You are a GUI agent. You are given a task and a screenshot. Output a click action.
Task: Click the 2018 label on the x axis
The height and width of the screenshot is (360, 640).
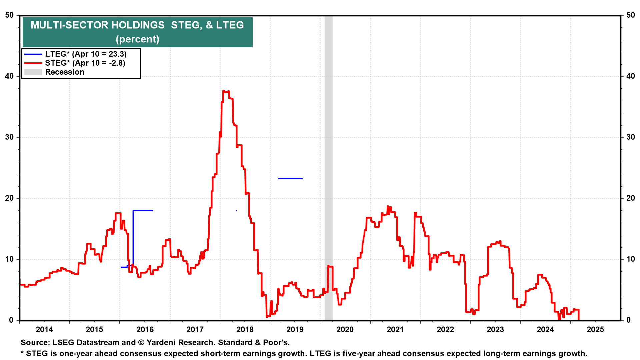tap(245, 330)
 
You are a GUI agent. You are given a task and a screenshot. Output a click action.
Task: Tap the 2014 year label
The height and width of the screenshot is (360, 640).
tap(44, 330)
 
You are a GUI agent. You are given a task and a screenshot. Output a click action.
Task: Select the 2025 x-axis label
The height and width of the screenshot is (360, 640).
tap(595, 330)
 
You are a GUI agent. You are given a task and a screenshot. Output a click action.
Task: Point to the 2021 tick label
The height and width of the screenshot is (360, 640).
tap(395, 330)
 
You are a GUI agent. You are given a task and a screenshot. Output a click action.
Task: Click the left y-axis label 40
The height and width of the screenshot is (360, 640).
tap(9, 76)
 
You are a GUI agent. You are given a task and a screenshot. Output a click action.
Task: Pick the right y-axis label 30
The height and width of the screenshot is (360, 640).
tap(631, 137)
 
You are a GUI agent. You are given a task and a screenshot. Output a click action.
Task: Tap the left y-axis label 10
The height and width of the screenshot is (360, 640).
tap(9, 259)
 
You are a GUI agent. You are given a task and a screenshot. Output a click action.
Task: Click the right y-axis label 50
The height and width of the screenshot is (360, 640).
tap(631, 15)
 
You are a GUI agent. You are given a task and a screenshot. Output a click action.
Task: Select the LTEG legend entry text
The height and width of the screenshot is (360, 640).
tap(86, 54)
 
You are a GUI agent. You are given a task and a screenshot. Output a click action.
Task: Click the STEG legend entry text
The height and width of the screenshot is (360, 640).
tap(85, 63)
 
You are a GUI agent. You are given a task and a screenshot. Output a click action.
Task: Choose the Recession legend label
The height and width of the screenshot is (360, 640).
tap(65, 72)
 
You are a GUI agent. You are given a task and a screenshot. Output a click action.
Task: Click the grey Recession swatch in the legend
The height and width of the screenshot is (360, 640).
tap(33, 72)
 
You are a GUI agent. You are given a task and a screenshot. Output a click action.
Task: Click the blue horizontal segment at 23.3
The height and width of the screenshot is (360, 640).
tap(290, 179)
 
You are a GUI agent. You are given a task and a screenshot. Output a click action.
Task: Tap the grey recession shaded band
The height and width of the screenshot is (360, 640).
tap(328, 167)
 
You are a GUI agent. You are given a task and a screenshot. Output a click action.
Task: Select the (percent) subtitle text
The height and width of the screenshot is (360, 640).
tap(137, 39)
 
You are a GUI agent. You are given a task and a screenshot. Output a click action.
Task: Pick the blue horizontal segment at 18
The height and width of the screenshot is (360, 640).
tap(143, 211)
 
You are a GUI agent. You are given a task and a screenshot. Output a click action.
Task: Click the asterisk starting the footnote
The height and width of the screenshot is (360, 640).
tap(22, 353)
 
